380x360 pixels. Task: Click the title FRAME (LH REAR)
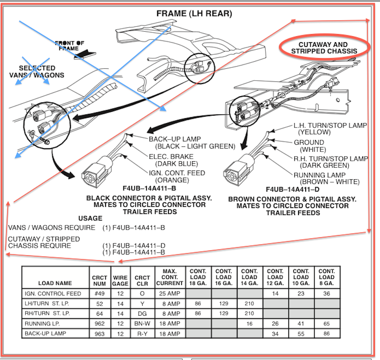point(194,14)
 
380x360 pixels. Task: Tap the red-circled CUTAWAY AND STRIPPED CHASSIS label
point(324,48)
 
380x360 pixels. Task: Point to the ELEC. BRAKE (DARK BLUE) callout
point(173,160)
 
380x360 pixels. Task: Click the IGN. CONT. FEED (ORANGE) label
point(177,176)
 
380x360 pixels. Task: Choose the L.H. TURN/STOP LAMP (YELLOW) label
point(330,129)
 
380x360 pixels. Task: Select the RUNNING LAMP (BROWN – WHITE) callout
point(326,178)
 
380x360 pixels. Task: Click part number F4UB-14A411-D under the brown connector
point(293,189)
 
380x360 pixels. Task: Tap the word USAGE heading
point(90,218)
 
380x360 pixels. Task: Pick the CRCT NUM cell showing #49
point(100,294)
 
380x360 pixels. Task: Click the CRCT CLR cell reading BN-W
point(142,323)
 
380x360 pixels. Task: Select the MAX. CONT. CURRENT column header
point(170,277)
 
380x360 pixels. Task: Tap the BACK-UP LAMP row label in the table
point(45,333)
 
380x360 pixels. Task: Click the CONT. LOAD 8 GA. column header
point(327,277)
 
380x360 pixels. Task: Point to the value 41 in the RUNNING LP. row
point(301,323)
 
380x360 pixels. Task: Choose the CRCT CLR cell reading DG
point(142,314)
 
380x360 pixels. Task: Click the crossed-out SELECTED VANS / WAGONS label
point(37,71)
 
